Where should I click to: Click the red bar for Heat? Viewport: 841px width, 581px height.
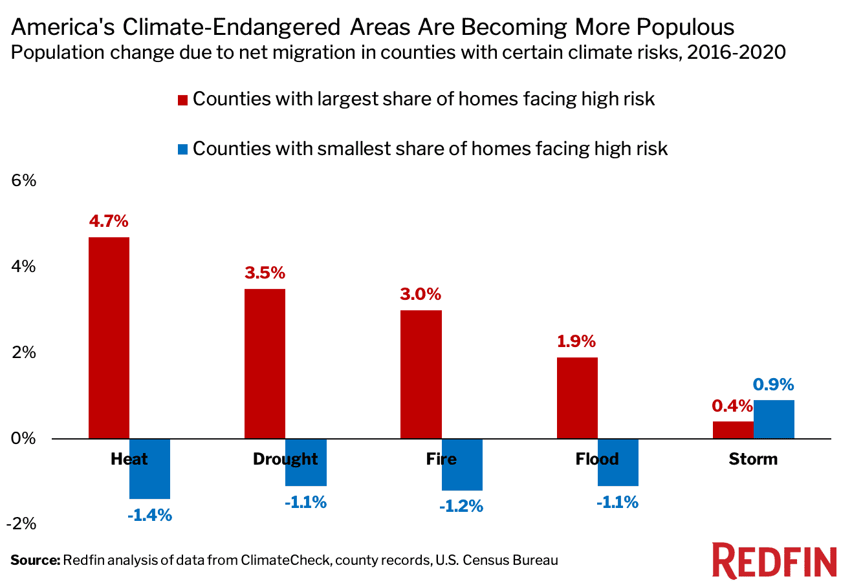109,338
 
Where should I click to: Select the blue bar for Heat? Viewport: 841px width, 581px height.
149,469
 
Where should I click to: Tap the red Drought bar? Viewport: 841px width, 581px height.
265,364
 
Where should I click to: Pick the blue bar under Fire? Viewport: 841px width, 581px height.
462,465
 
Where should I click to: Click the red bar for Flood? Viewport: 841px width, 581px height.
577,398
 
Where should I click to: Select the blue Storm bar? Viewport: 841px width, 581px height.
774,419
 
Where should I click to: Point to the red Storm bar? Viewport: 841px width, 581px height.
733,430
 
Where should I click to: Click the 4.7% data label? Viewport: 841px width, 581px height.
109,221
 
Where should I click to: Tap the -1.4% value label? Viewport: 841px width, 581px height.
149,515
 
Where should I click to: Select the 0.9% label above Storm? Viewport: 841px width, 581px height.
774,385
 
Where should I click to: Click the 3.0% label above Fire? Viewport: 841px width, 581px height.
420,295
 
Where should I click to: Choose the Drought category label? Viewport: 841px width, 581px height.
285,460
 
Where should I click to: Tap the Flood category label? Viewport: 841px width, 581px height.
597,460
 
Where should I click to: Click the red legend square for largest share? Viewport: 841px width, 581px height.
182,101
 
